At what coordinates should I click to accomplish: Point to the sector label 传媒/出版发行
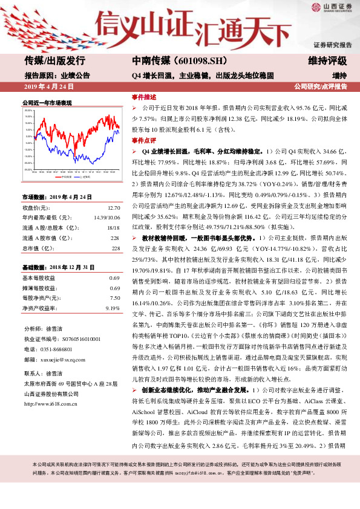pyautogui.click(x=54, y=60)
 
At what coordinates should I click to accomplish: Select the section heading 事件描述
pyautogui.click(x=144, y=97)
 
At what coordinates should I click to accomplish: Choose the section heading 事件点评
pyautogui.click(x=144, y=140)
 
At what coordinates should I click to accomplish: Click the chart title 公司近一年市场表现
pyautogui.click(x=47, y=103)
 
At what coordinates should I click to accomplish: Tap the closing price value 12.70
pyautogui.click(x=114, y=207)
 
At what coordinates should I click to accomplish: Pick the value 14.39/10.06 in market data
pyautogui.click(x=106, y=218)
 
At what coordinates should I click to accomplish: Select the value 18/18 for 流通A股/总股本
pyautogui.click(x=113, y=228)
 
